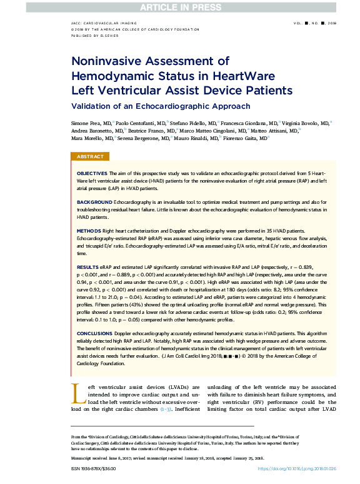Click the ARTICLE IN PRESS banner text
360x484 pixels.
tap(179, 7)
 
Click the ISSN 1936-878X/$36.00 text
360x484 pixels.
tap(93, 468)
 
